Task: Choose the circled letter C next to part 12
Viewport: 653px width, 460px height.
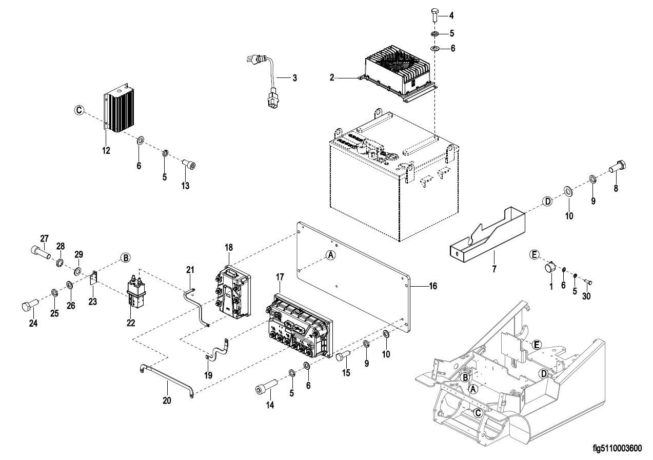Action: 78,110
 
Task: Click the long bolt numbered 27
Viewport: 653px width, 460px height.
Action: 39,251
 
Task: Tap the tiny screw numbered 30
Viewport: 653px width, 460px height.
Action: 588,282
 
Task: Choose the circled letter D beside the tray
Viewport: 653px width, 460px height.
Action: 547,202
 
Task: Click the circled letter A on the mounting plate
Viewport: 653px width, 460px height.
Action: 331,254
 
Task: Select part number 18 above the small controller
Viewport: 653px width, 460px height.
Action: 228,247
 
